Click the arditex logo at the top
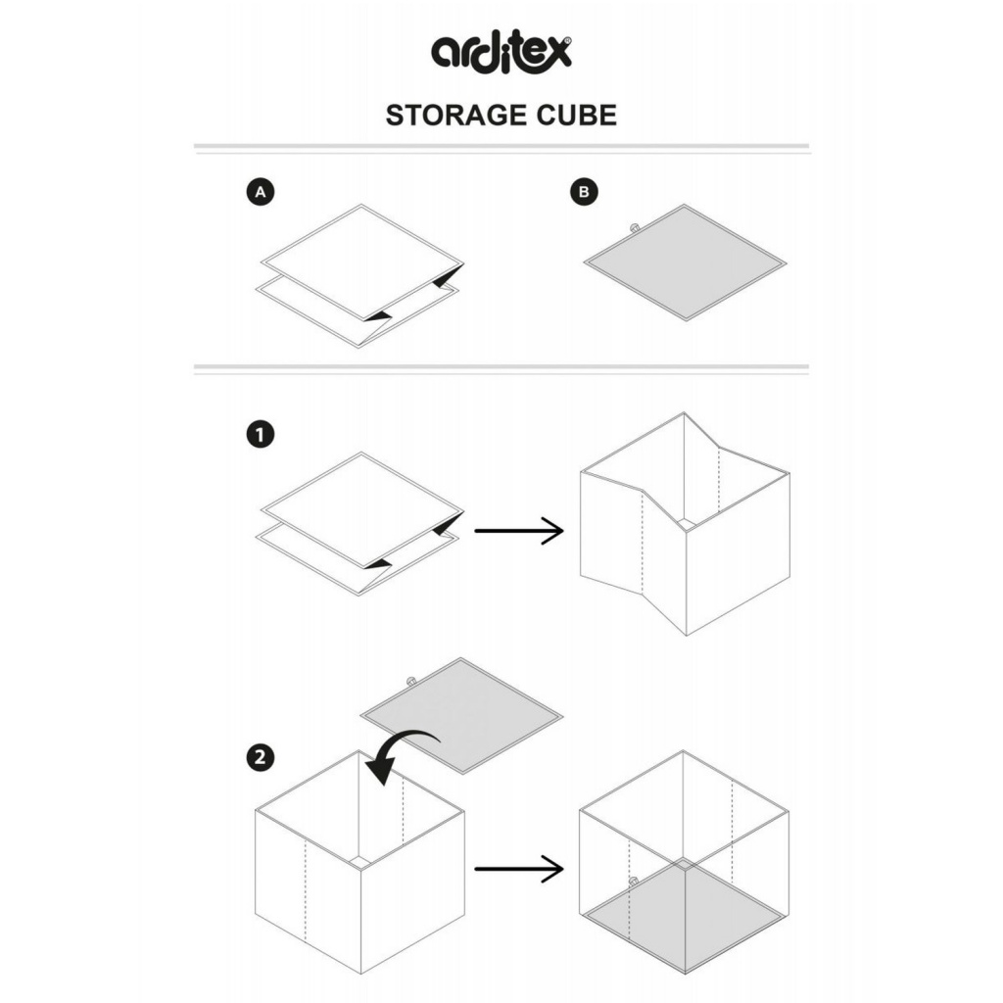[x=501, y=53]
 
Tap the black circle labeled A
[x=261, y=192]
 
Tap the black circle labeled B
[x=584, y=192]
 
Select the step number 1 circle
[x=261, y=435]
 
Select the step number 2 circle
[x=261, y=758]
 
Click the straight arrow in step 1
[x=519, y=530]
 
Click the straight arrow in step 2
[x=519, y=868]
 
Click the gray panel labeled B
[x=685, y=263]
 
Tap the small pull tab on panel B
[x=635, y=227]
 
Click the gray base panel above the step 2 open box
[x=461, y=716]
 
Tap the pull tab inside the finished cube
[x=634, y=882]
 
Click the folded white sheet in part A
[x=360, y=275]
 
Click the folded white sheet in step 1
[x=360, y=523]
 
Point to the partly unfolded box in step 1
[x=685, y=524]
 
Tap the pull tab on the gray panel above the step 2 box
[x=410, y=681]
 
